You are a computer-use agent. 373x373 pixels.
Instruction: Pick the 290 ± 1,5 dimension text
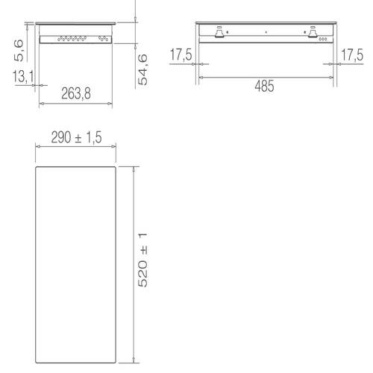point(75,137)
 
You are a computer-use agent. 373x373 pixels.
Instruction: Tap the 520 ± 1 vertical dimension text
point(145,260)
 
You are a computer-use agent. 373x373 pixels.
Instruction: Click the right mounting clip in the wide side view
point(307,32)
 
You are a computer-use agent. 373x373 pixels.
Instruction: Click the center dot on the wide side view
point(265,33)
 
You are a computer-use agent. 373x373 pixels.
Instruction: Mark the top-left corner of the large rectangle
point(36,166)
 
